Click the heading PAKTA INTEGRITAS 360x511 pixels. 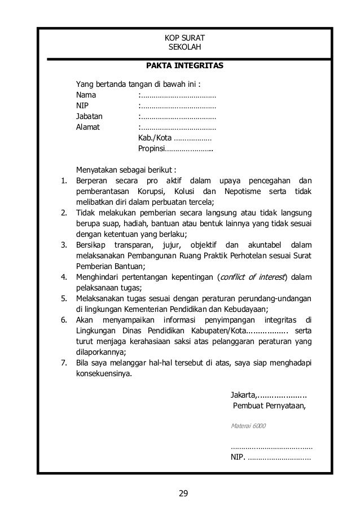tap(185, 66)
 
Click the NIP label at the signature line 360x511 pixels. tap(238, 457)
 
